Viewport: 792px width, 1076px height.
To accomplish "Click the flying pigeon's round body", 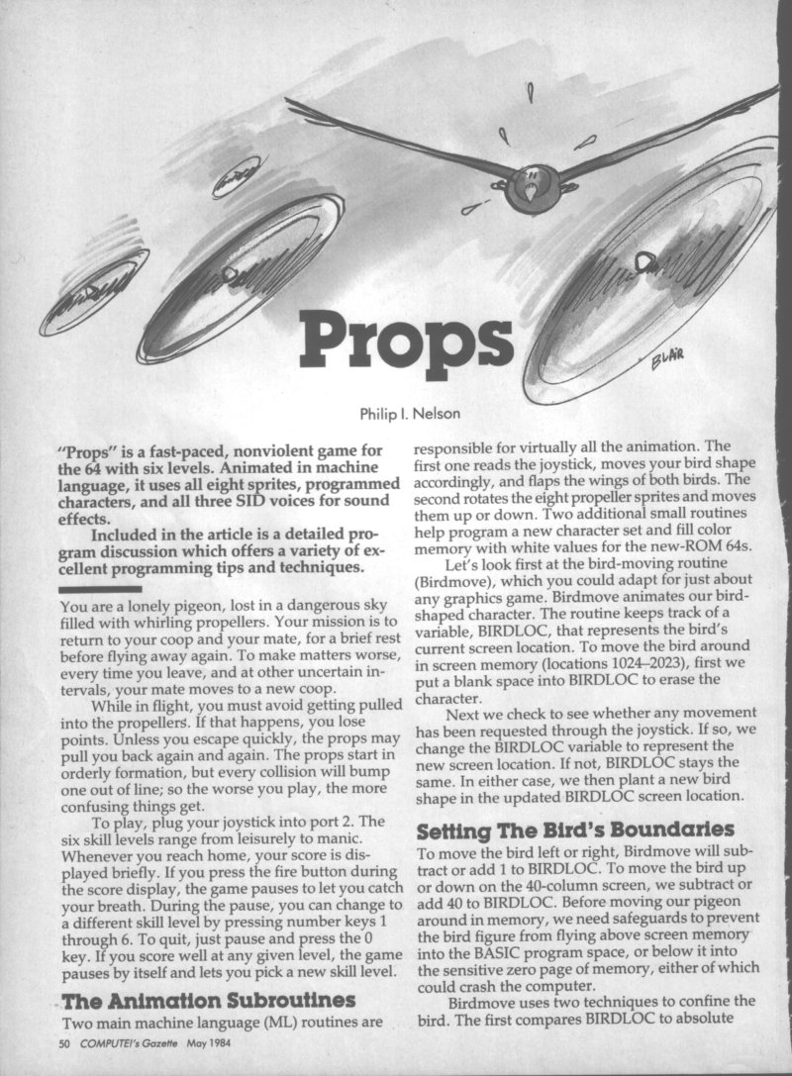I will click(531, 188).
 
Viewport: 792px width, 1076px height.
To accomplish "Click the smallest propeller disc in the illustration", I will click(235, 176).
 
